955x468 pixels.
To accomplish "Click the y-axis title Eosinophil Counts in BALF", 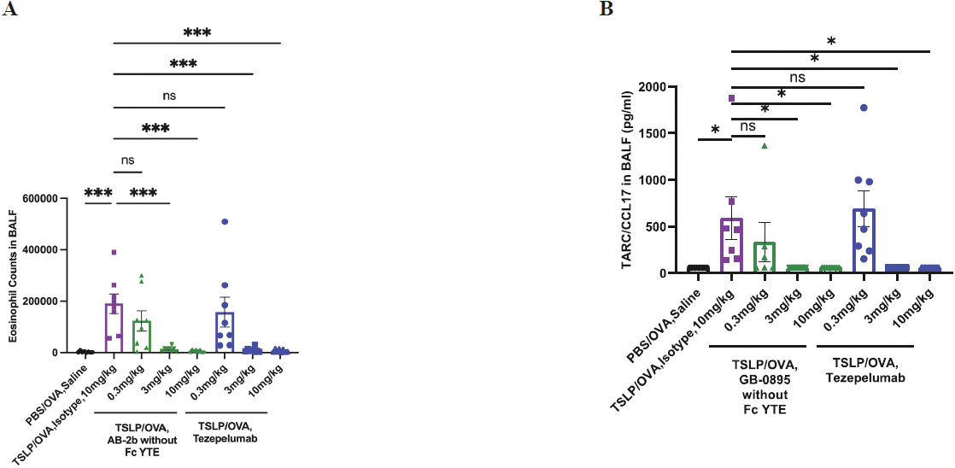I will coord(15,275).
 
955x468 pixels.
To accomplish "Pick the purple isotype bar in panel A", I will coord(114,328).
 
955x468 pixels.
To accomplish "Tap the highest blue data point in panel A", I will coord(224,222).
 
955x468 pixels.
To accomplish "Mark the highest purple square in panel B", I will coord(732,98).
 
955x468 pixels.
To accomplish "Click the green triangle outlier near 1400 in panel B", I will coord(765,145).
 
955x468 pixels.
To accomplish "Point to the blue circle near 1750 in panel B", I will coord(864,108).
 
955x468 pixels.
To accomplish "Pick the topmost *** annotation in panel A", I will coord(196,33).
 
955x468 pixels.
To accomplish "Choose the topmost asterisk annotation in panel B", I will coord(830,41).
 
